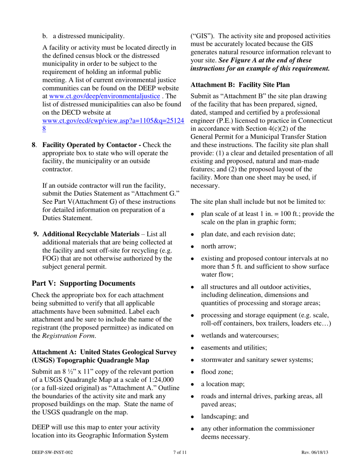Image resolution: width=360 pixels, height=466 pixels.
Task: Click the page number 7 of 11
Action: click(x=180, y=452)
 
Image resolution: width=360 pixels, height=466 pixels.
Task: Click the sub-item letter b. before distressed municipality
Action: click(x=45, y=36)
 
